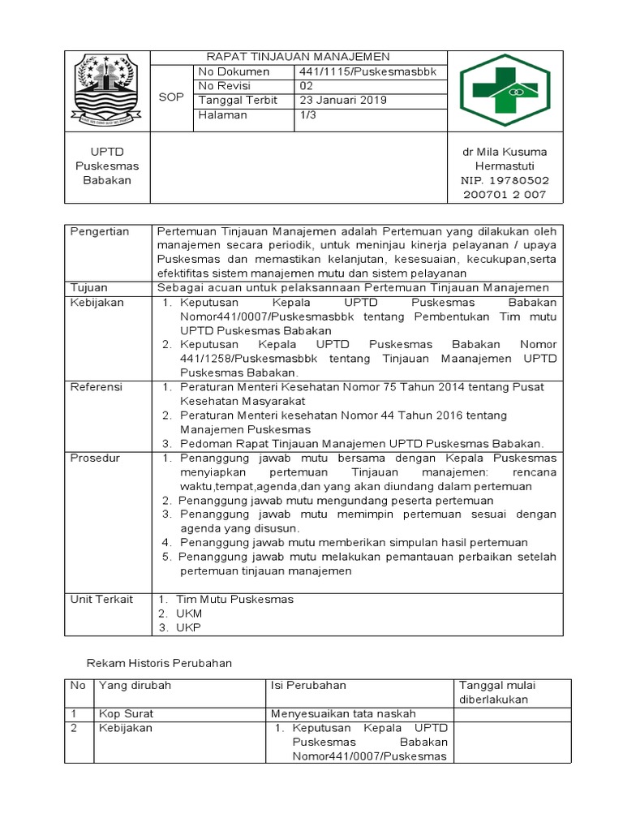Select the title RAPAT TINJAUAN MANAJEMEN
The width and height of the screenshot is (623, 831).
[298, 57]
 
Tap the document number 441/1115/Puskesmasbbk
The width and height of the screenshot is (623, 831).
[367, 71]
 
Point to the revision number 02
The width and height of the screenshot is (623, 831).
[306, 86]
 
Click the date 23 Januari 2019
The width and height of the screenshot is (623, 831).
[343, 101]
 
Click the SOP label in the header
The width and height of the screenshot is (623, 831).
[170, 97]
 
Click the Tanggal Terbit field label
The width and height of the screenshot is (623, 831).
[238, 101]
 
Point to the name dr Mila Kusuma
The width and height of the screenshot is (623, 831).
[505, 152]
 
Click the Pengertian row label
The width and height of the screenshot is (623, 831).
[100, 231]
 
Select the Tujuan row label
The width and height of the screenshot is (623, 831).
[90, 287]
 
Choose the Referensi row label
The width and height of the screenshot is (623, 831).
[97, 387]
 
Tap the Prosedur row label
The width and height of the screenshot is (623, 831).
[95, 458]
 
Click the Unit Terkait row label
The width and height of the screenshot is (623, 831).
[101, 599]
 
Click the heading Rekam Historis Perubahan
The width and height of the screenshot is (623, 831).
[159, 663]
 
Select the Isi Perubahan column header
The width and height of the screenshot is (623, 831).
[308, 685]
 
